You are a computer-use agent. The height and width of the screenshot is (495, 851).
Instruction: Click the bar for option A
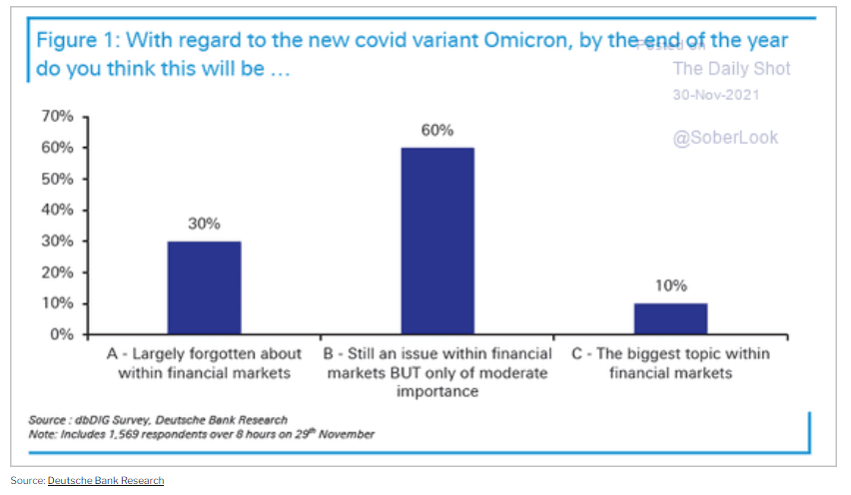[x=204, y=287]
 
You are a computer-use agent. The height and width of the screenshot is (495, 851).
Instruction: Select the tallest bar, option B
[x=437, y=241]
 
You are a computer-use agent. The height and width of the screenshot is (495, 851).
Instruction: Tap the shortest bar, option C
[x=671, y=318]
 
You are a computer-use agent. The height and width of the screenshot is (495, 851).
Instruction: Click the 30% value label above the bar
[x=204, y=225]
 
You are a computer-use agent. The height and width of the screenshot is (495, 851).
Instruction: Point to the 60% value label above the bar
[x=437, y=131]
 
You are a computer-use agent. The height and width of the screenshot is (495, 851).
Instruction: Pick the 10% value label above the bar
[x=671, y=286]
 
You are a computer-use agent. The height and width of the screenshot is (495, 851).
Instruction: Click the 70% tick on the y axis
[x=59, y=117]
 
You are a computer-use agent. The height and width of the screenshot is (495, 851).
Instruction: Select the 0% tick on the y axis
[x=63, y=334]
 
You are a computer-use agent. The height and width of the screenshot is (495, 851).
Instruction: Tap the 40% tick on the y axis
[x=59, y=210]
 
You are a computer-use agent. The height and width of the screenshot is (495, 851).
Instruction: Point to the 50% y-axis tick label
[x=59, y=179]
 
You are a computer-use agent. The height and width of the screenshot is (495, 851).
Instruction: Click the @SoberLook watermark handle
[x=725, y=138]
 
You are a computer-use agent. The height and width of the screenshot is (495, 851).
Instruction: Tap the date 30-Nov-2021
[x=716, y=95]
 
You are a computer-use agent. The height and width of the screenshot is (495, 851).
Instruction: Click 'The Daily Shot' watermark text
[x=731, y=69]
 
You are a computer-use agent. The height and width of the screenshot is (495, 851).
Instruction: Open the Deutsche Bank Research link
[x=106, y=481]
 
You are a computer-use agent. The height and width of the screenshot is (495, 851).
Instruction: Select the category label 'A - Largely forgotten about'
[x=204, y=354]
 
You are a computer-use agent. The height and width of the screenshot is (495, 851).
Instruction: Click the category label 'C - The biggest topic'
[x=671, y=354]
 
